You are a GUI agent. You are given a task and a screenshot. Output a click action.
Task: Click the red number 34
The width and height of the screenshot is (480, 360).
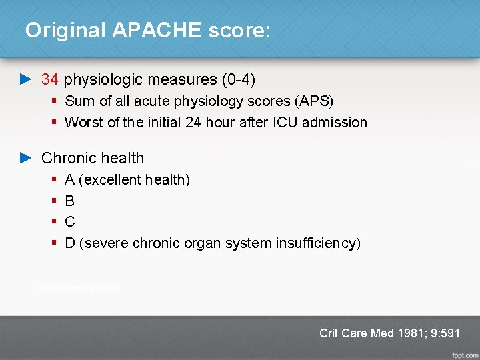[x=50, y=79]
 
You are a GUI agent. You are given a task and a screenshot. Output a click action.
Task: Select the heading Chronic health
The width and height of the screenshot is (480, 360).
[x=93, y=158]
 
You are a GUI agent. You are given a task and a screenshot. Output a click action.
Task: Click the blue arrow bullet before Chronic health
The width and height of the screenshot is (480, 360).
[x=25, y=158]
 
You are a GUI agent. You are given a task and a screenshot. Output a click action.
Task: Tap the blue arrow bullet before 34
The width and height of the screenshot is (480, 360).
[x=25, y=79]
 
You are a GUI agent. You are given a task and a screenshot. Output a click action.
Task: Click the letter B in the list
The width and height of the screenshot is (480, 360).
[x=70, y=201]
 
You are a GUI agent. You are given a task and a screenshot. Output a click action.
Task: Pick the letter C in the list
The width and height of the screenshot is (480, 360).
[x=70, y=222]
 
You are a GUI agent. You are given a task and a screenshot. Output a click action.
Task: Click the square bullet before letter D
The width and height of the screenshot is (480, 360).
[x=53, y=243]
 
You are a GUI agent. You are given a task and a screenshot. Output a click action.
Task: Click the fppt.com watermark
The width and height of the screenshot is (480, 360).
[x=464, y=353]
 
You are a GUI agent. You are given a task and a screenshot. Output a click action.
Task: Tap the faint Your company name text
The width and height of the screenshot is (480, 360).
[x=79, y=288]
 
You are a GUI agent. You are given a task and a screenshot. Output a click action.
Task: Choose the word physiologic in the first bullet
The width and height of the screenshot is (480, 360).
[x=103, y=79]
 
